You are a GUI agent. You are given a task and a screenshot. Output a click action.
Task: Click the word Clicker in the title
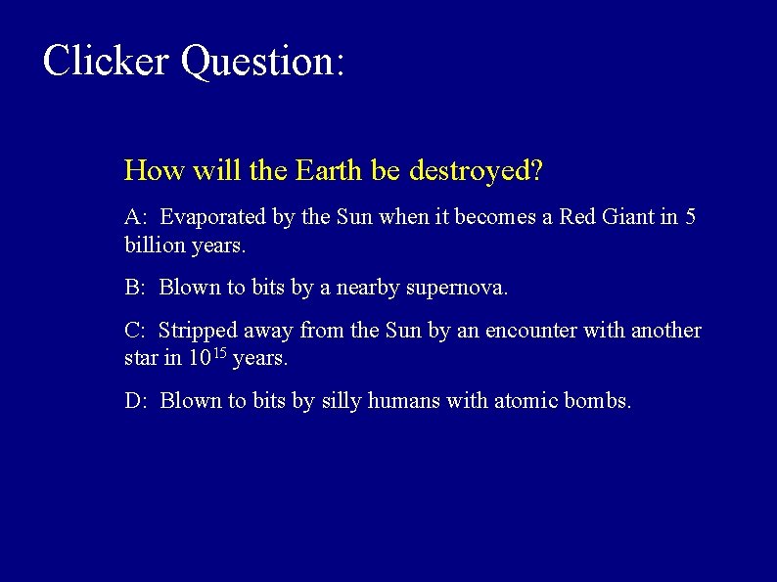point(106,61)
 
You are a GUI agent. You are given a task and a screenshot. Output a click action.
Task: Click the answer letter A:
point(136,217)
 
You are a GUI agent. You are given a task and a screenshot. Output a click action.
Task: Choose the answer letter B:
point(136,288)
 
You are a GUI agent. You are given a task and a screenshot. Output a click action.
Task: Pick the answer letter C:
point(136,331)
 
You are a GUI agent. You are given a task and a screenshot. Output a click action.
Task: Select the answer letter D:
point(136,401)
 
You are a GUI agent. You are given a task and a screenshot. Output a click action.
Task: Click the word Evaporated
point(213,217)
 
